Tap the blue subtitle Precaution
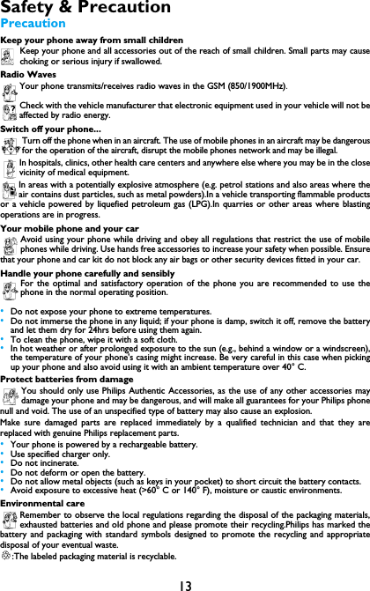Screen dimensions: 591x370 (x=33, y=23)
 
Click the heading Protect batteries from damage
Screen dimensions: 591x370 (x=67, y=380)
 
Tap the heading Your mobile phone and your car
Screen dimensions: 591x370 (x=70, y=228)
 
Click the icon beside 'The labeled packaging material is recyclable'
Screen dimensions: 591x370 (x=6, y=557)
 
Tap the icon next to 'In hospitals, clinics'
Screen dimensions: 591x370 (x=10, y=166)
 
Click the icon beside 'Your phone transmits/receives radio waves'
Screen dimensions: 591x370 (x=10, y=87)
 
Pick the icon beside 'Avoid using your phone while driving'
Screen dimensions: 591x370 (x=10, y=243)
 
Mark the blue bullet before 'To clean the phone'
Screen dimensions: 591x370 (x=4, y=339)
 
